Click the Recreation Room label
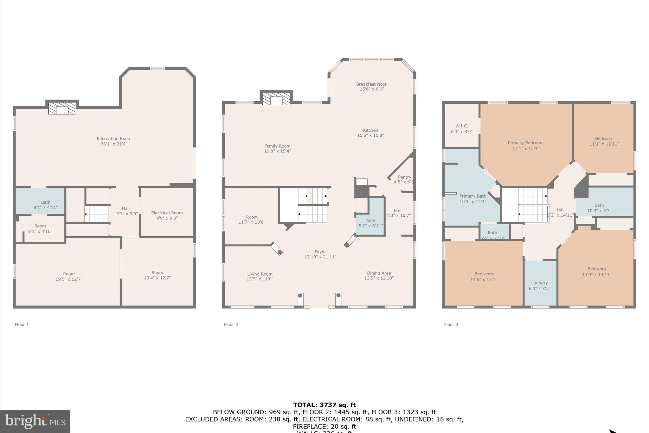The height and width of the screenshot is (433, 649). (x=114, y=139)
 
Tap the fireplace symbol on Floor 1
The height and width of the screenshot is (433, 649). (x=62, y=108)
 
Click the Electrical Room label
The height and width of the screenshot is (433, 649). (x=167, y=213)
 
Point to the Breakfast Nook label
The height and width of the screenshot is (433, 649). (x=372, y=84)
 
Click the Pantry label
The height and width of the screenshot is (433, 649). (x=404, y=177)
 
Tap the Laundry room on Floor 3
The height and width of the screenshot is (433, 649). (x=539, y=283)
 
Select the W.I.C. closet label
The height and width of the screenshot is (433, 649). (x=461, y=126)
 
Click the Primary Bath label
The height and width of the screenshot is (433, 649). (x=472, y=196)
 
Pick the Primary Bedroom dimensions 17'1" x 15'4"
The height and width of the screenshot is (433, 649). (x=525, y=148)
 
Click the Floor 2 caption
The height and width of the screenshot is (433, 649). (x=231, y=325)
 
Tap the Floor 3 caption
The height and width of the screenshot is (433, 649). (x=451, y=325)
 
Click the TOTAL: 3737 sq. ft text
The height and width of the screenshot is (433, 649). (x=324, y=405)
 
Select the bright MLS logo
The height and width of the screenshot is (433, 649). (x=35, y=421)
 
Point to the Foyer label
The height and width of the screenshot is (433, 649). (x=320, y=252)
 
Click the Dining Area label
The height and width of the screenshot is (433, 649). (x=379, y=273)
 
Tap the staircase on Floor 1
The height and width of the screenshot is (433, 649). (x=97, y=214)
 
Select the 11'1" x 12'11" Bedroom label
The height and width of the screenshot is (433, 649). (x=604, y=138)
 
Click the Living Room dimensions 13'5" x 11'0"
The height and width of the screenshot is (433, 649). (x=260, y=279)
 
